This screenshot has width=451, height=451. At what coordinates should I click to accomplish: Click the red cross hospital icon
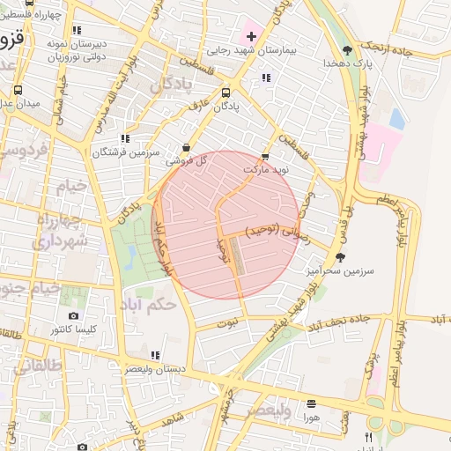pos(252,36)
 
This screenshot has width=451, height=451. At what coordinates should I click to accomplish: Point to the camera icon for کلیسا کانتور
pos(73,315)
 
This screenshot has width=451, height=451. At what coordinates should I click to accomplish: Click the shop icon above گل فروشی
pos(185,148)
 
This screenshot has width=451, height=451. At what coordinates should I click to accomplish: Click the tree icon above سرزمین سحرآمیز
pos(340,257)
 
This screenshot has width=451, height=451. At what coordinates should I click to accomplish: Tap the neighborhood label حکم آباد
pos(152,304)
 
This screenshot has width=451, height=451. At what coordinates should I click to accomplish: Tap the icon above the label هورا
pos(311,403)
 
